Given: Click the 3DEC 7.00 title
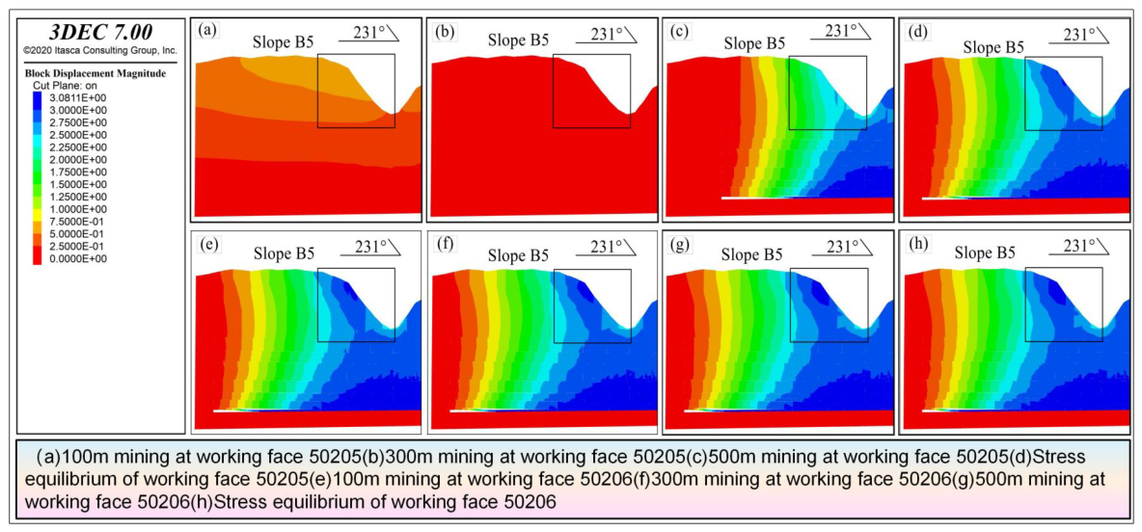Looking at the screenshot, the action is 100,33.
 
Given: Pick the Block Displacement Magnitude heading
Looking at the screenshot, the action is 95,73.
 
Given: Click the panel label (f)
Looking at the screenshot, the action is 442,245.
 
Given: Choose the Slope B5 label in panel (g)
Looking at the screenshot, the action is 751,255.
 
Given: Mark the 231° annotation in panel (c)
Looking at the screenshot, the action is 843,31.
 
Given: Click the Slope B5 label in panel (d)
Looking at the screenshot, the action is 993,47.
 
